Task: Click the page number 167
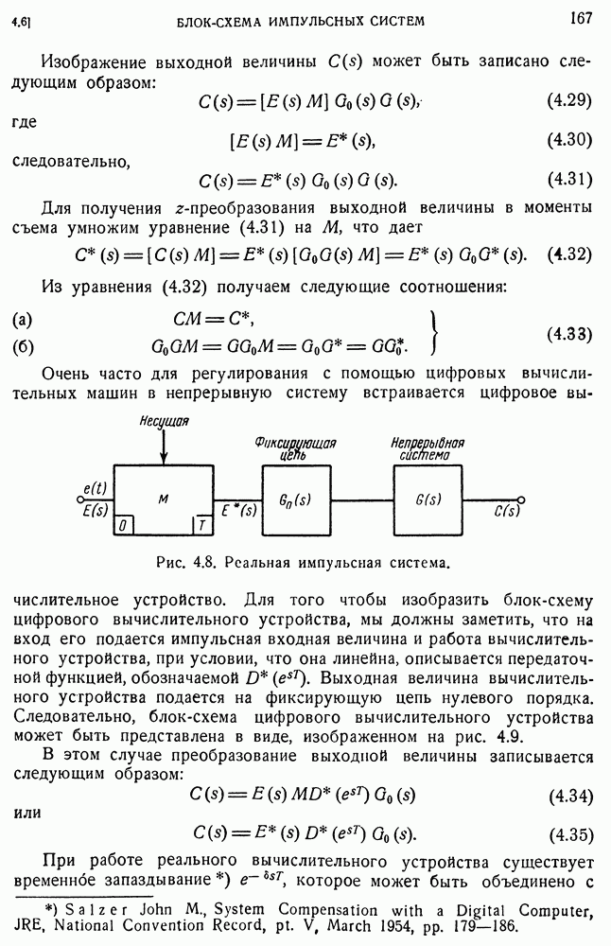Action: point(581,16)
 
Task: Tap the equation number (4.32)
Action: point(569,255)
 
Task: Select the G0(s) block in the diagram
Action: point(296,499)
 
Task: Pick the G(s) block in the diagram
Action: point(428,499)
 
